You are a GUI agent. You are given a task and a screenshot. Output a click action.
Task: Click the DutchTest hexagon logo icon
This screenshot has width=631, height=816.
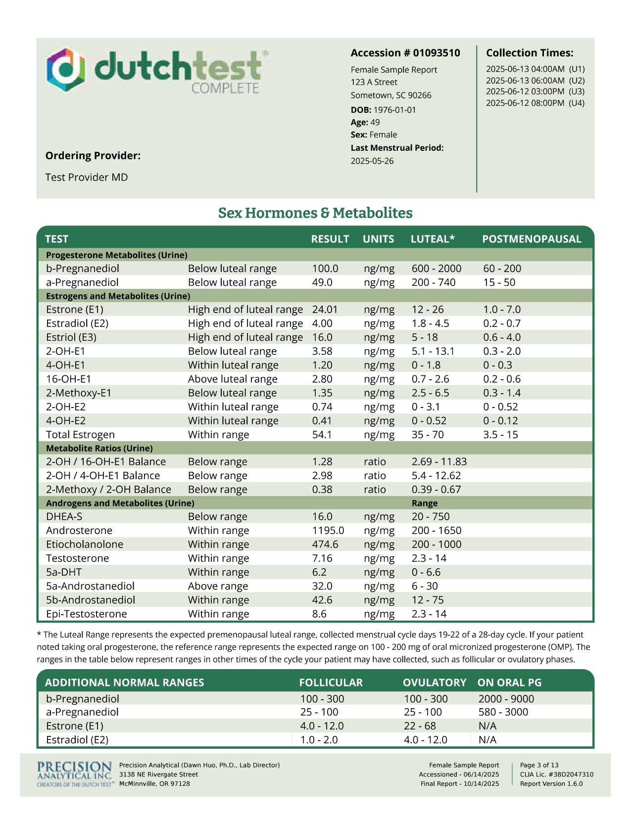click(66, 70)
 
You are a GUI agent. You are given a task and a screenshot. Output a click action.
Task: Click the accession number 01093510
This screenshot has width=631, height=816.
click(437, 53)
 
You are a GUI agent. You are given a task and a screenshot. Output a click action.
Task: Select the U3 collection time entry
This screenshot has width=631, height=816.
click(535, 91)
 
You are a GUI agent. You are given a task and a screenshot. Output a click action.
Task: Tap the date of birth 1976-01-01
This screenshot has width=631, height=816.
click(394, 110)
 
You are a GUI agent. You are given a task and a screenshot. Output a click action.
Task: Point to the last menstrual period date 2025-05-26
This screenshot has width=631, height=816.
click(372, 161)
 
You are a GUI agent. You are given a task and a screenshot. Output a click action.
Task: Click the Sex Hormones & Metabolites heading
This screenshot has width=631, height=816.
click(315, 213)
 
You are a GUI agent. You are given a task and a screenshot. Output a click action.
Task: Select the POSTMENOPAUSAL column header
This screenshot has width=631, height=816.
click(532, 239)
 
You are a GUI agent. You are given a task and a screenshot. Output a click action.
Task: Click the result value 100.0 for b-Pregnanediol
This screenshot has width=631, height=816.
click(325, 269)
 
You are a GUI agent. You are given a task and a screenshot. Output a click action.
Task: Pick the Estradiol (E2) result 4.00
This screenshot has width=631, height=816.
click(322, 323)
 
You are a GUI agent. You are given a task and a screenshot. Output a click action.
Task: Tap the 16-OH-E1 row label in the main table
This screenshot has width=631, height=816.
click(69, 379)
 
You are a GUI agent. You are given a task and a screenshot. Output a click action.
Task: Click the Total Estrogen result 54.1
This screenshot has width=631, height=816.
click(322, 435)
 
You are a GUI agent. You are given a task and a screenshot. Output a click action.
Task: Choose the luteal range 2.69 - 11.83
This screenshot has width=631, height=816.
click(439, 461)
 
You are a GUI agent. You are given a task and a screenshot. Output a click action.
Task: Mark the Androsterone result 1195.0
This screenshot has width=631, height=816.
click(328, 530)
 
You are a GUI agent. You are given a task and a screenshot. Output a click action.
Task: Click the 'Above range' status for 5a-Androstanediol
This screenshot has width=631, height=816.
click(218, 586)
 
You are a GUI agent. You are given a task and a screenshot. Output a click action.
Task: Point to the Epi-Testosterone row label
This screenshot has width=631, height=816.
click(87, 614)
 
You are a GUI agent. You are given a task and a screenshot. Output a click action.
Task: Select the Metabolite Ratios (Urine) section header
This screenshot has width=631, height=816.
click(99, 448)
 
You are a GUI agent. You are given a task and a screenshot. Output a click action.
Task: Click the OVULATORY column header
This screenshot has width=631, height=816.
click(434, 682)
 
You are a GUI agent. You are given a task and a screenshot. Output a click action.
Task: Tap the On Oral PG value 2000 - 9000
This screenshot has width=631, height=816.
click(506, 699)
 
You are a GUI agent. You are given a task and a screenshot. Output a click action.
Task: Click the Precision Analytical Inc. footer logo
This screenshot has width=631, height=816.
click(75, 774)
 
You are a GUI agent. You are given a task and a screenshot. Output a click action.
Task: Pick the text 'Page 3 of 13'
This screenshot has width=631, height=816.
click(539, 765)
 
